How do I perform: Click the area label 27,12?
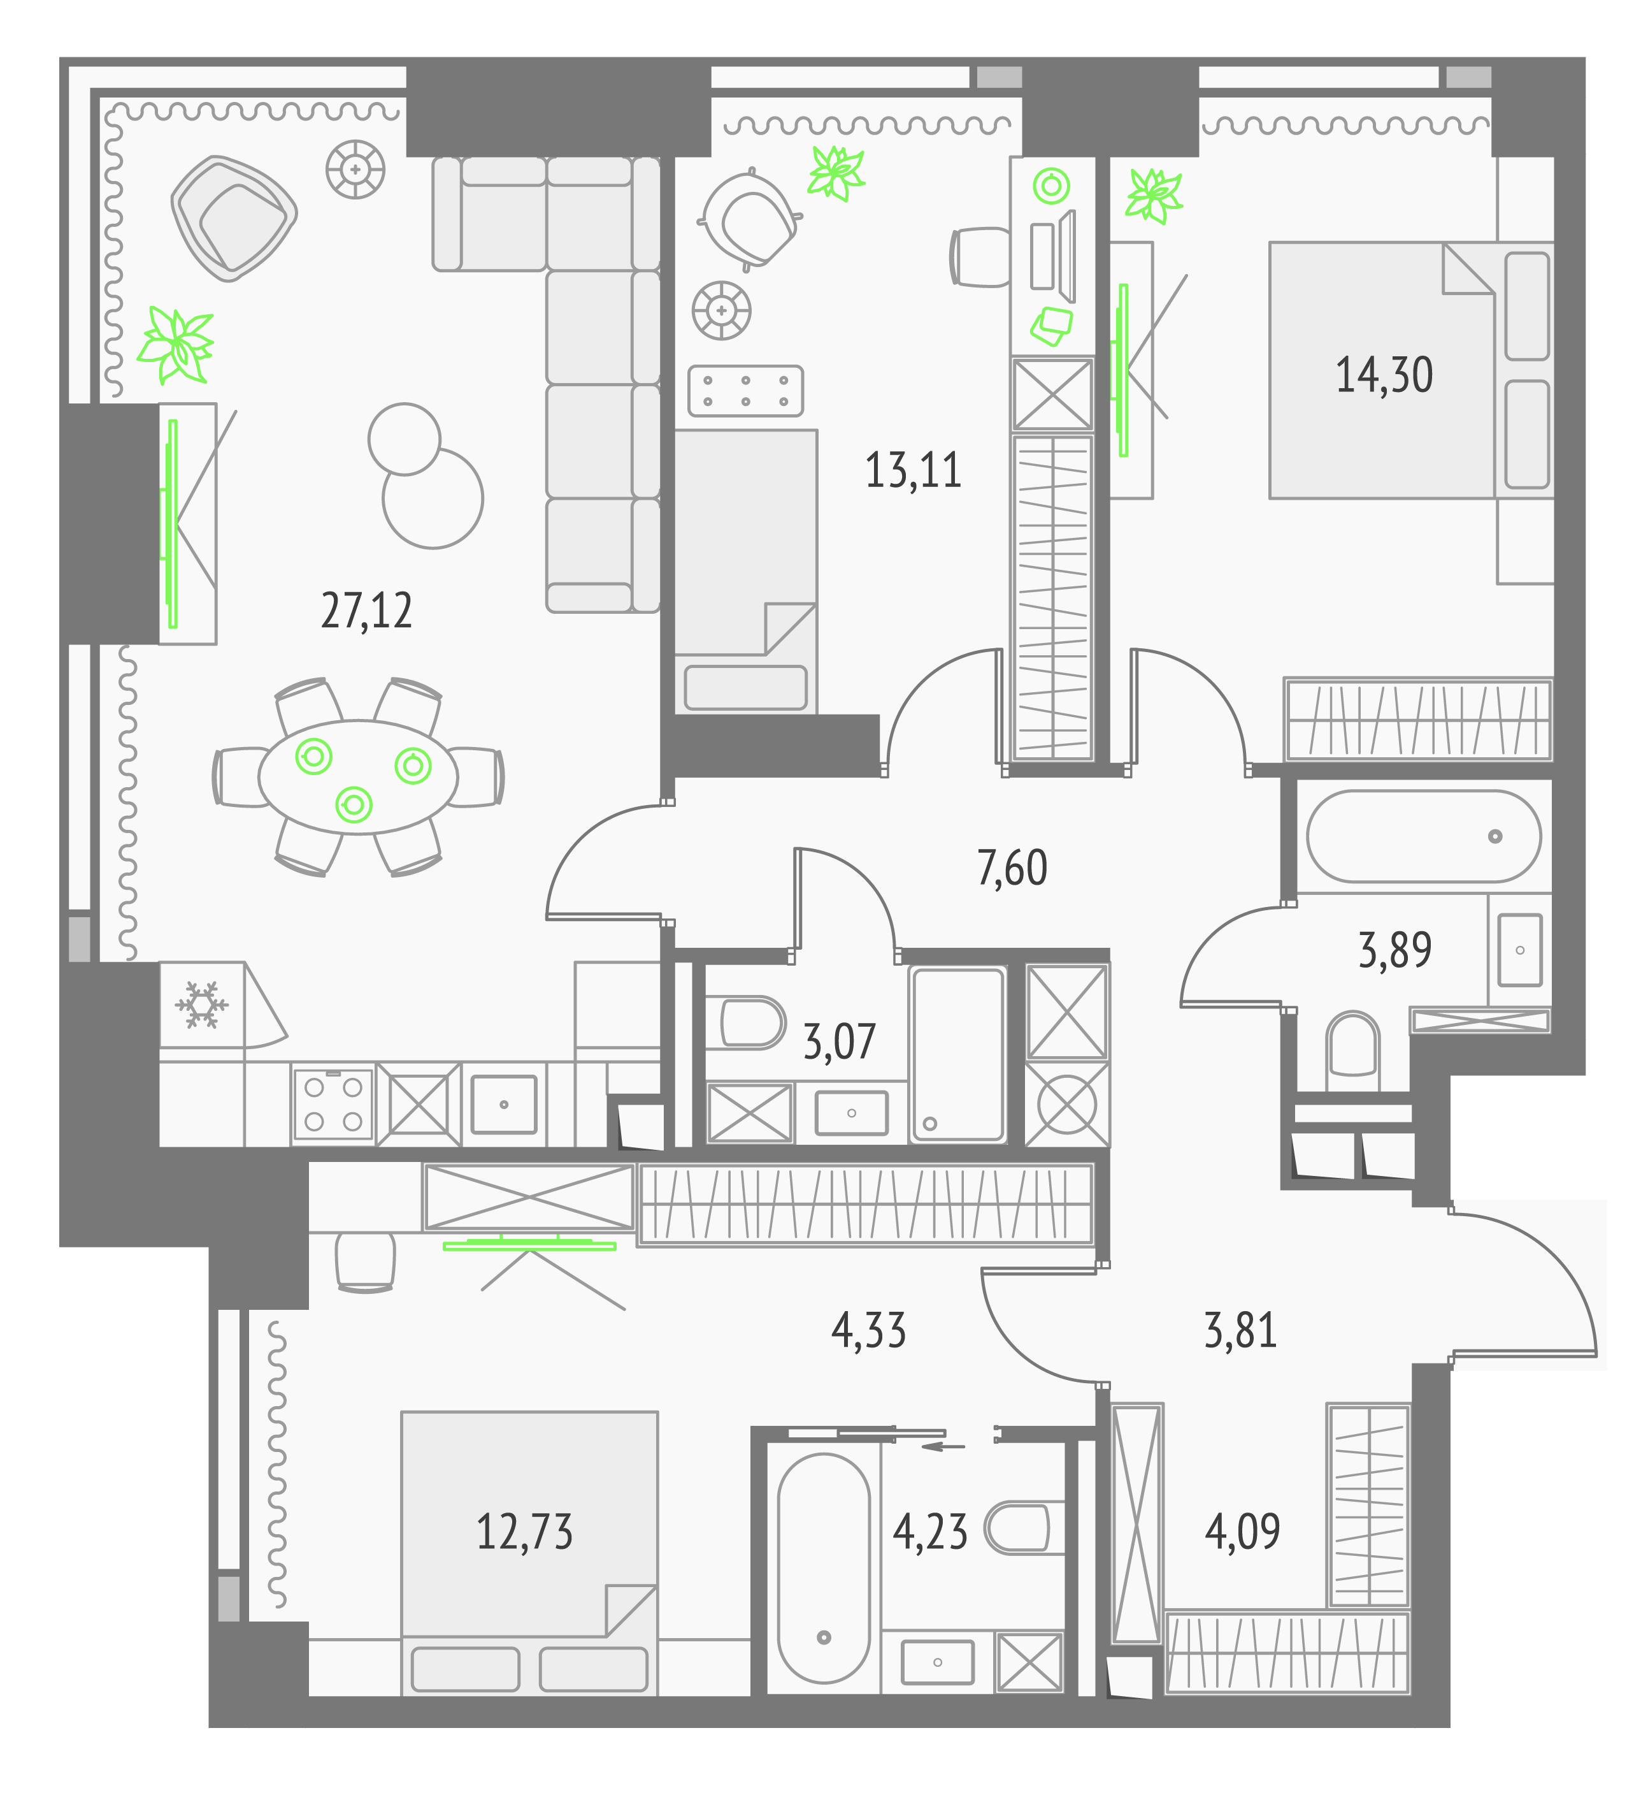(366, 611)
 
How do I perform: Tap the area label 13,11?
(913, 470)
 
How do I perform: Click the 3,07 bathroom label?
(839, 1042)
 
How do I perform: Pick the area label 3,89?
(1395, 950)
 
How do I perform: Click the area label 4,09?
(1242, 1530)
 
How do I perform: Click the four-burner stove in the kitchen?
(333, 1103)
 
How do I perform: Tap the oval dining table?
(357, 776)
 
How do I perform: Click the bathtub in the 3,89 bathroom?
(1423, 836)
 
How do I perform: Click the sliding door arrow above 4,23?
(943, 1446)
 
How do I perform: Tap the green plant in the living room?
(176, 345)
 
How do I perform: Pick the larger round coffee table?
(433, 498)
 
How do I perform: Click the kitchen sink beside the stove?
(504, 1104)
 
